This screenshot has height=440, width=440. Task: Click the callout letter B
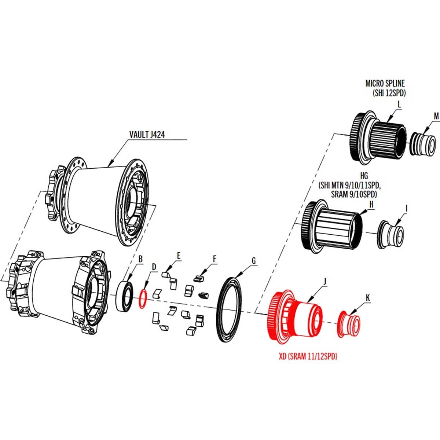[x=140, y=259]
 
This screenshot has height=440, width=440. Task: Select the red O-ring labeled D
[x=143, y=298]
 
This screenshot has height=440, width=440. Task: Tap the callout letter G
[x=253, y=261]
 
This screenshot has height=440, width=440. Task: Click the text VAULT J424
[x=147, y=135]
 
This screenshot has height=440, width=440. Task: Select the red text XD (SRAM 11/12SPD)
[x=308, y=356]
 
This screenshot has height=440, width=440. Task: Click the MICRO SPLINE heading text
[x=385, y=83]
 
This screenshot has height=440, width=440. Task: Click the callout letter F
[x=214, y=259]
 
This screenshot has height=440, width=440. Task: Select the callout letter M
[x=436, y=116]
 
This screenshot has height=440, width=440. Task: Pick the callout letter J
[x=324, y=281]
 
